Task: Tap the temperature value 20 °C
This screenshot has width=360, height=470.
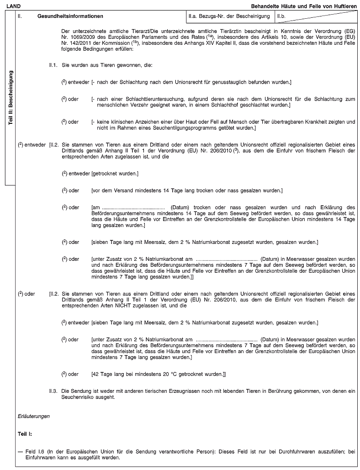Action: [157, 374]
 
